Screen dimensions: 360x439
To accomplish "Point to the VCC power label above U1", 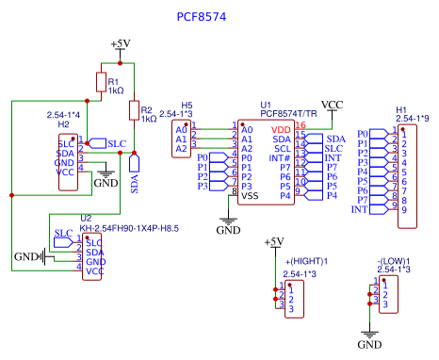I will (x=333, y=105).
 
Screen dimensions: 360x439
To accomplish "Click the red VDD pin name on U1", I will (x=281, y=129).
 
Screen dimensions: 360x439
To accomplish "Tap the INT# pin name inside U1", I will (x=280, y=157).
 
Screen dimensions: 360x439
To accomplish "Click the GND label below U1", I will (x=229, y=229).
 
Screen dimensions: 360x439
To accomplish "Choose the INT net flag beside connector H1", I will (x=360, y=209).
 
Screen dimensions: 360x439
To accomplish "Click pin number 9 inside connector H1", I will (x=404, y=209).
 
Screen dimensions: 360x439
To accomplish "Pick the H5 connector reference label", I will (x=187, y=106).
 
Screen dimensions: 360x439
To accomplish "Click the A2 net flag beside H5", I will (x=181, y=149).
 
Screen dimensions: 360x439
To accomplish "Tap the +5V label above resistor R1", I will (x=121, y=44).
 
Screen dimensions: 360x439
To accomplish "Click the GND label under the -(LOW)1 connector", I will (x=369, y=346).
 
